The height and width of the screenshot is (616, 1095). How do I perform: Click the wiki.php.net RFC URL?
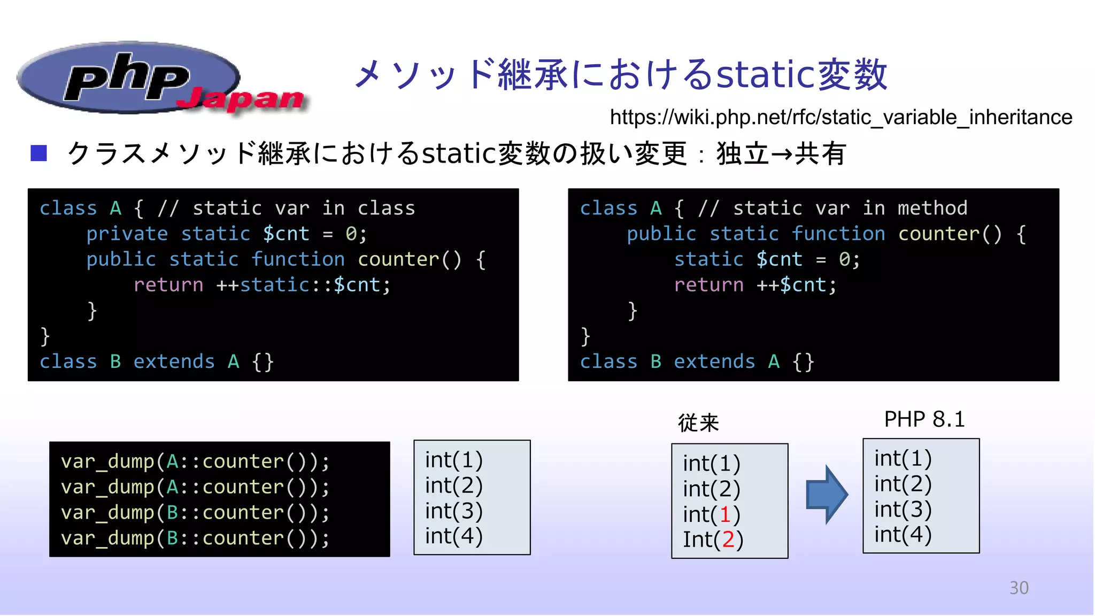click(x=840, y=117)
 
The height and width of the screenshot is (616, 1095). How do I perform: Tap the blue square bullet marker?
click(x=39, y=153)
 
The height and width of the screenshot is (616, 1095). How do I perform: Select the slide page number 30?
click(x=1019, y=588)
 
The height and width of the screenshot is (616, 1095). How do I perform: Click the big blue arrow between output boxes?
click(x=826, y=495)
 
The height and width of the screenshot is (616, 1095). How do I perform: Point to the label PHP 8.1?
click(x=924, y=419)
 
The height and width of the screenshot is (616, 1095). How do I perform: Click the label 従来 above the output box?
click(x=698, y=423)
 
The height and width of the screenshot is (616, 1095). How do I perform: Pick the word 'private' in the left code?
click(x=127, y=234)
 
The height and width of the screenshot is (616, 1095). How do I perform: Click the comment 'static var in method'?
click(x=850, y=208)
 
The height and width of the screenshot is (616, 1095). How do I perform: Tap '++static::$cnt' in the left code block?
click(x=303, y=285)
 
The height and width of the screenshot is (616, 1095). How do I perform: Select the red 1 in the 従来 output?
click(x=725, y=514)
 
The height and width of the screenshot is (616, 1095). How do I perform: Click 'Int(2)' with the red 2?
click(x=713, y=540)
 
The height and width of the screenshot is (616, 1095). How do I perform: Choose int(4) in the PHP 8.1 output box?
click(x=903, y=534)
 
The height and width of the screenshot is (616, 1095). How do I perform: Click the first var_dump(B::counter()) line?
click(x=195, y=513)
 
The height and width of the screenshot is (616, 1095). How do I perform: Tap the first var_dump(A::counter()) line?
click(x=195, y=461)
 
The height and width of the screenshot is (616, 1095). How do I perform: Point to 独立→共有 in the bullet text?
click(x=781, y=154)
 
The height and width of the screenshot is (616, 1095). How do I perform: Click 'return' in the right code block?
click(x=708, y=285)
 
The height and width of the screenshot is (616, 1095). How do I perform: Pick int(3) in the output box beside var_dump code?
click(x=453, y=511)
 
